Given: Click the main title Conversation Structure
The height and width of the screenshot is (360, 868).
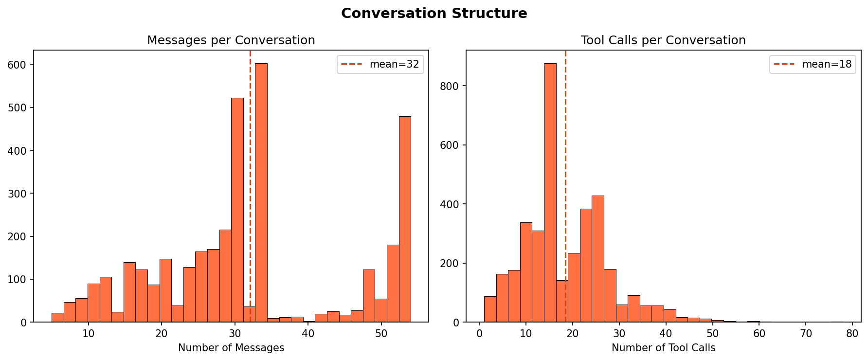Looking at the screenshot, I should tap(434, 13).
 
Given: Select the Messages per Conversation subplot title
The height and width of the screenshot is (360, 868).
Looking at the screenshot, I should tap(231, 40).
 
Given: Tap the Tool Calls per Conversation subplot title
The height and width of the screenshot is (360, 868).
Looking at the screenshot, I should tap(663, 40).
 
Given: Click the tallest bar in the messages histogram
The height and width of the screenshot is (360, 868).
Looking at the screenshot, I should tap(261, 195).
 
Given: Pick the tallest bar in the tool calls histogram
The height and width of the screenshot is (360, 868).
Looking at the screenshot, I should tap(550, 195).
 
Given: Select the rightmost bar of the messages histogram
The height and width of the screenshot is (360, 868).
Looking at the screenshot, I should tap(405, 219).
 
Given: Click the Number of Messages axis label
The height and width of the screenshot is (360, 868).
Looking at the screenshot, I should tap(231, 348).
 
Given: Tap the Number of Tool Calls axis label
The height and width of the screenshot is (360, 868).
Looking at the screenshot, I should tap(663, 348).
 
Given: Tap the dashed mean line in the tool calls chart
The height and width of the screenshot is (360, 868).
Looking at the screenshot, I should tap(565, 146).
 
